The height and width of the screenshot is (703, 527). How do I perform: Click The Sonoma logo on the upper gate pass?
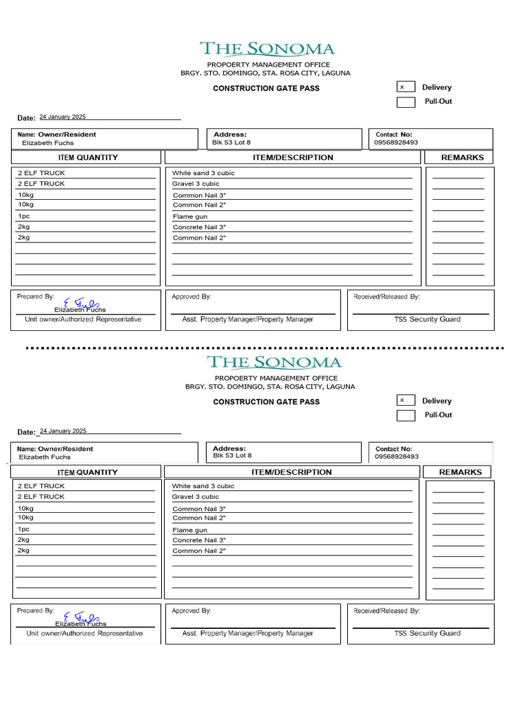(x=267, y=49)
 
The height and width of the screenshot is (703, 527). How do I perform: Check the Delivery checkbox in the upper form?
(x=406, y=87)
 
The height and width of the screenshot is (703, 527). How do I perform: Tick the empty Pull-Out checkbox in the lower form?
(x=406, y=415)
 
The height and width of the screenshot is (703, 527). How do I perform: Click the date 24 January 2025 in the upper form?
(x=62, y=117)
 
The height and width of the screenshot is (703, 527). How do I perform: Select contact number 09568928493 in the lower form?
(x=397, y=457)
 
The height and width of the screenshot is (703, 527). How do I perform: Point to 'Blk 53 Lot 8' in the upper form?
(x=231, y=143)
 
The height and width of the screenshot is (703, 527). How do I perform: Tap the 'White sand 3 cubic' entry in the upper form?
(x=203, y=173)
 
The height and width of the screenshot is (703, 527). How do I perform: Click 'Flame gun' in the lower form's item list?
(x=189, y=530)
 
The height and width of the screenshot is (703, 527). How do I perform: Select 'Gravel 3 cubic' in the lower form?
(x=196, y=496)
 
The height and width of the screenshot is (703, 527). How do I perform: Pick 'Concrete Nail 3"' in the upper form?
(x=199, y=227)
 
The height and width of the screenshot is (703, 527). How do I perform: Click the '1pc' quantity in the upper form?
(x=23, y=216)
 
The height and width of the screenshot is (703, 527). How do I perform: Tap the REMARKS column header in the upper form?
(x=462, y=157)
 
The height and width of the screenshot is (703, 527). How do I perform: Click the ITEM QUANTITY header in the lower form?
(x=87, y=472)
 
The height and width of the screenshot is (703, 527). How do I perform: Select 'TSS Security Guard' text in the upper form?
(x=427, y=319)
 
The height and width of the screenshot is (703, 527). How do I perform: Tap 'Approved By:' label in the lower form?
(x=191, y=610)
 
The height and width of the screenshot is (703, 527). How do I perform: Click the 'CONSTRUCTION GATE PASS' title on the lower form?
(x=266, y=402)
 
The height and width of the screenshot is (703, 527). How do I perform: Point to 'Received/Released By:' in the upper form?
(x=386, y=297)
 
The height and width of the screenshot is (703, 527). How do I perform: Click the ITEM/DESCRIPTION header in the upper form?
(x=292, y=157)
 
